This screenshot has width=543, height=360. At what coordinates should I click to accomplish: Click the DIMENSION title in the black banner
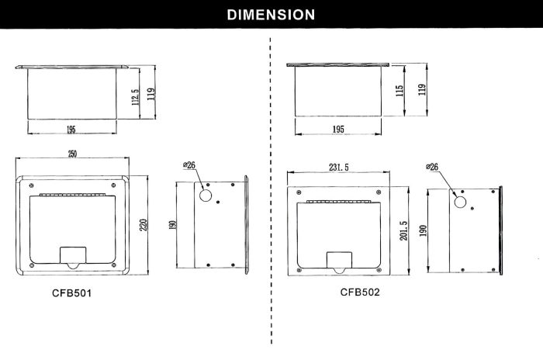pos(271,14)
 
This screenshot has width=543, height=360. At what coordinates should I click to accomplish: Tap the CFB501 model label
pos(71,295)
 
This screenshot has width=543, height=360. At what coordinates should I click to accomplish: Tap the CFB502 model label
pos(361,292)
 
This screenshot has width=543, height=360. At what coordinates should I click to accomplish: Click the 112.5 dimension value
pos(134,96)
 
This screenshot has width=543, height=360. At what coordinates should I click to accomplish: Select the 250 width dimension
pos(72,154)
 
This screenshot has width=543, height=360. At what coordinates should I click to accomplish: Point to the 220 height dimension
pos(143,226)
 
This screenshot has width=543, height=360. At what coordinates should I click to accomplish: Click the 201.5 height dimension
pos(403,231)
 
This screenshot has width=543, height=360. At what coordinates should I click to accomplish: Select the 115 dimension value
pos(399,90)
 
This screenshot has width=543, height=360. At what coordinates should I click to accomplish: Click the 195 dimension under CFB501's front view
pos(71,128)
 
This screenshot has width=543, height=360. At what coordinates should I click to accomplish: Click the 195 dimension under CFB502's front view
pos(337,129)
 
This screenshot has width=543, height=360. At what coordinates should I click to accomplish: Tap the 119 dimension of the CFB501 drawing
pos(153,93)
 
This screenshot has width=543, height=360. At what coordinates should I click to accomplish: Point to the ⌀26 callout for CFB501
pos(191,165)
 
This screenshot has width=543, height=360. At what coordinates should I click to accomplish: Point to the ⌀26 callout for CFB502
pos(433,167)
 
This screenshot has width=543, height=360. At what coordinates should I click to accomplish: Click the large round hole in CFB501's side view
pos(206,195)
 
